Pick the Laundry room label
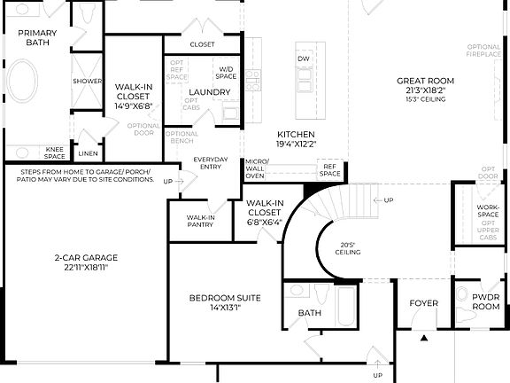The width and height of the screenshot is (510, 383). tap(209, 91)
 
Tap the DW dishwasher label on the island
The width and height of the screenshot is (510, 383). tap(303, 59)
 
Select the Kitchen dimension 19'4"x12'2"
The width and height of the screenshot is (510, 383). tap(296, 144)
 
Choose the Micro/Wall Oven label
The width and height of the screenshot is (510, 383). tap(256, 168)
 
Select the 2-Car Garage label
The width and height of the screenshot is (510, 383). tap(85, 258)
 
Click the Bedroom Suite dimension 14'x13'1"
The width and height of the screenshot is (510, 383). tap(224, 309)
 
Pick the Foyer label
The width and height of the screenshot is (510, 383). tap(423, 303)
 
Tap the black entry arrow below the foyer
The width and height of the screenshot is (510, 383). tap(424, 337)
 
